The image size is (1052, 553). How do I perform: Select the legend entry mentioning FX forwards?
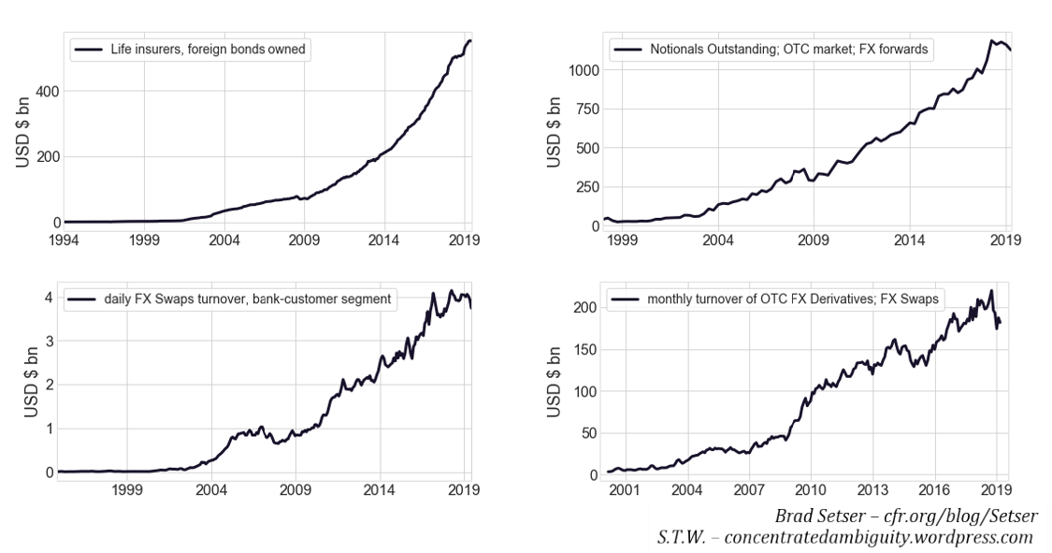click(x=788, y=49)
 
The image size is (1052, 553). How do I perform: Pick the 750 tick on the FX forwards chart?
click(x=583, y=109)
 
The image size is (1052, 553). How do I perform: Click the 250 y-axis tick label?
click(x=583, y=187)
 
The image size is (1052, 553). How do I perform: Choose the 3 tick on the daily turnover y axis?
click(x=47, y=342)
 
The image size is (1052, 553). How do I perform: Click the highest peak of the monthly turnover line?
click(x=990, y=291)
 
